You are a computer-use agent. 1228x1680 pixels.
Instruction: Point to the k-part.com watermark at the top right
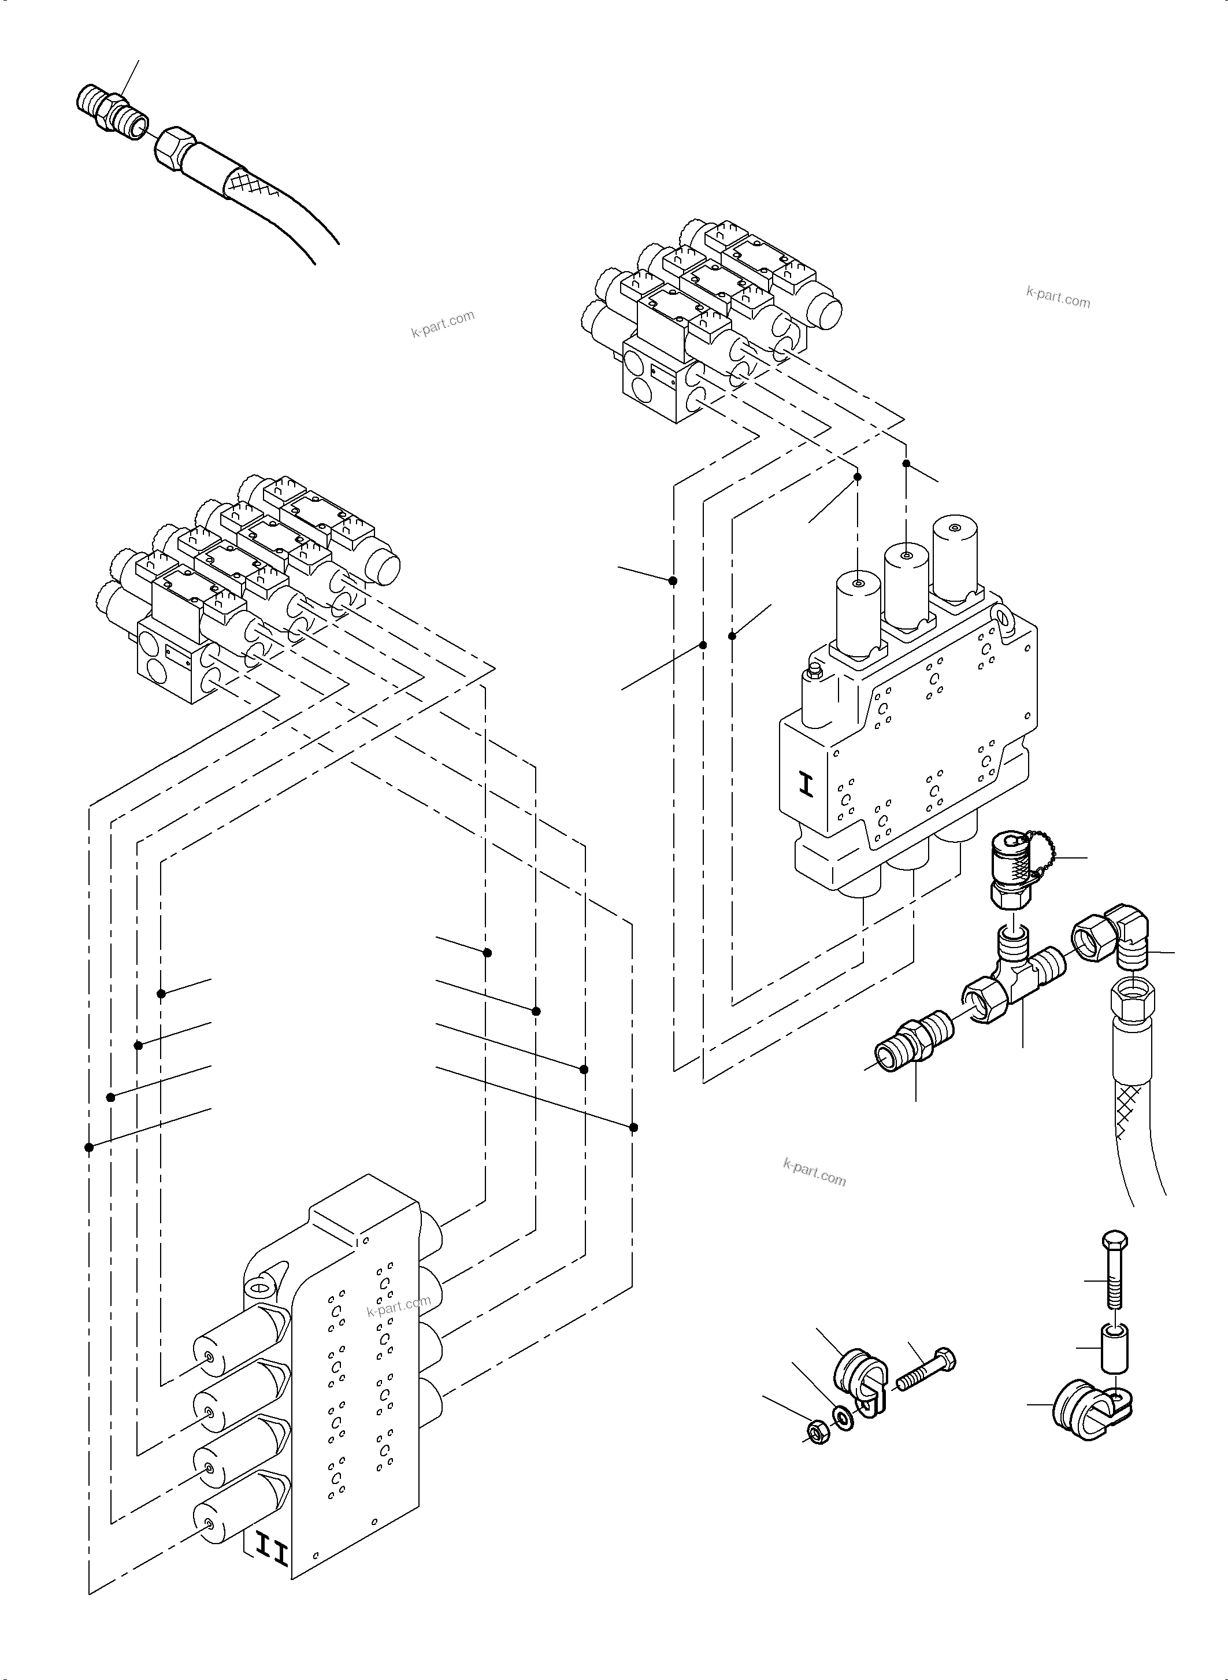point(1058,297)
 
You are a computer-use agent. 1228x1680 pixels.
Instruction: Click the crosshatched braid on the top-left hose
point(253,182)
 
